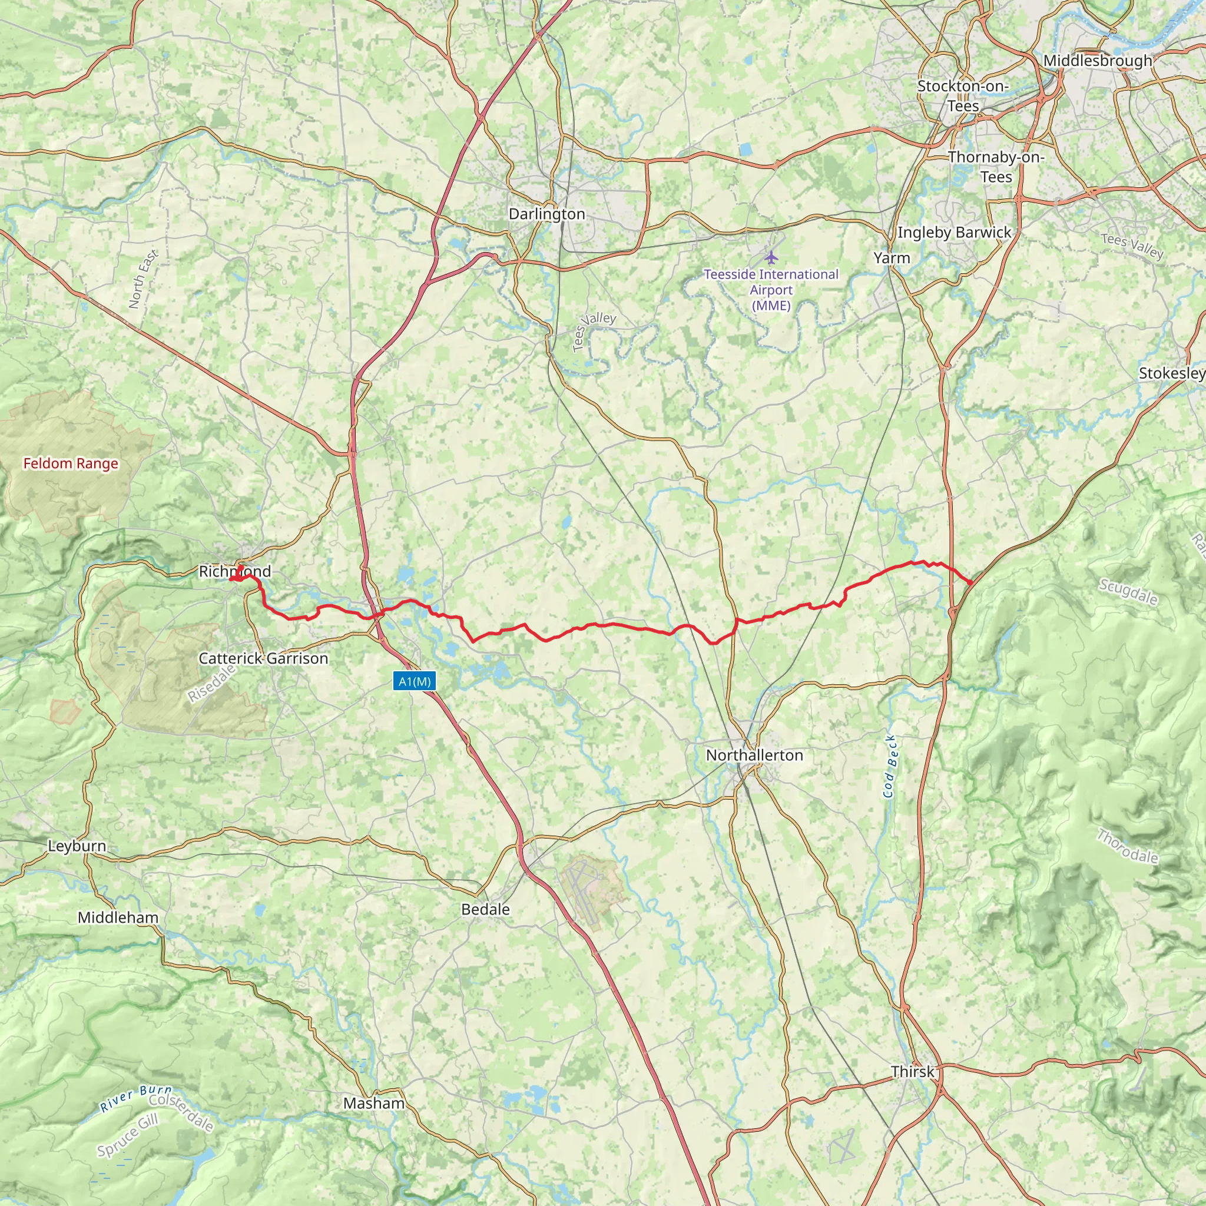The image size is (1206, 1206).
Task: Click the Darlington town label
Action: coord(547,214)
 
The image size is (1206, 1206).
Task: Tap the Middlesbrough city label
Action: coord(1098,61)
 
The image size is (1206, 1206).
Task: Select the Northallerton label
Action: coord(754,756)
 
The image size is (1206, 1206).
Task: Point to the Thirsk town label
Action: coord(913,1072)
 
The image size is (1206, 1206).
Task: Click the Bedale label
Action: coord(485,909)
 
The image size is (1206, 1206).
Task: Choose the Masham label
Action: coord(374,1103)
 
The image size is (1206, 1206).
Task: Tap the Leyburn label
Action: coord(77,846)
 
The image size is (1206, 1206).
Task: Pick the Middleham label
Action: coord(118,917)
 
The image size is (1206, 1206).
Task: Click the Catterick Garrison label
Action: coord(263,658)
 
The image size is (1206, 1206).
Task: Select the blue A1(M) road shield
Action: coord(415,681)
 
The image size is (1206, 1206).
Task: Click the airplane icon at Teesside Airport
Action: coord(771,257)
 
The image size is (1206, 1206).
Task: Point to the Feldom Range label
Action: coord(71,464)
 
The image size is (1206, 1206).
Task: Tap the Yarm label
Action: coord(892,258)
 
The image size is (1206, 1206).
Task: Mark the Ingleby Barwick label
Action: coord(954,233)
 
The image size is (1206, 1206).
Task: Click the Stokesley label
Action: coord(1171,373)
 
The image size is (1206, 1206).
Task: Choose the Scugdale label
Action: coord(1128,592)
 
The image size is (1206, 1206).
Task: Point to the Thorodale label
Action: coord(1127,846)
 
